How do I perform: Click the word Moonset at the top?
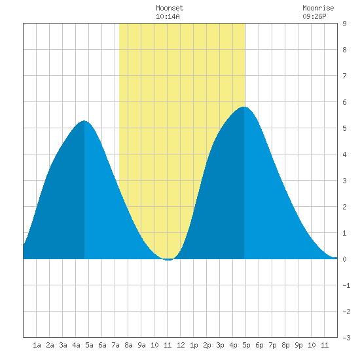click(x=170, y=8)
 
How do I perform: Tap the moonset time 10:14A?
click(x=168, y=16)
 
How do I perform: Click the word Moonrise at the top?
click(x=318, y=8)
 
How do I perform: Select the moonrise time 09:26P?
click(x=314, y=16)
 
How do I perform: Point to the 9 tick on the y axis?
click(x=344, y=24)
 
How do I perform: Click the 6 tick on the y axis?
click(x=344, y=102)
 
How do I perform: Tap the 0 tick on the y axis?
click(x=344, y=259)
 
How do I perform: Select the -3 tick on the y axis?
click(x=346, y=338)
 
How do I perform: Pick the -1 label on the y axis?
click(x=346, y=285)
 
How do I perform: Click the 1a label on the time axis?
click(x=37, y=345)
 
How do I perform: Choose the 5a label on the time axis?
click(x=89, y=345)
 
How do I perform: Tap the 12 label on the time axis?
click(x=181, y=345)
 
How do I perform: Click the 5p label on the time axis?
click(x=246, y=345)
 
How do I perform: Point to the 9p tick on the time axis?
click(x=298, y=345)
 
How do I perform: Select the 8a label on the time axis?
click(x=128, y=345)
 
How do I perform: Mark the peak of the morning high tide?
click(x=84, y=121)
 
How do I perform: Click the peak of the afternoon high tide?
click(x=244, y=107)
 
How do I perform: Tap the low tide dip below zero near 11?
click(x=168, y=260)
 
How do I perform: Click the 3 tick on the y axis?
click(x=344, y=181)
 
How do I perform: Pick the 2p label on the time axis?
click(x=207, y=345)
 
